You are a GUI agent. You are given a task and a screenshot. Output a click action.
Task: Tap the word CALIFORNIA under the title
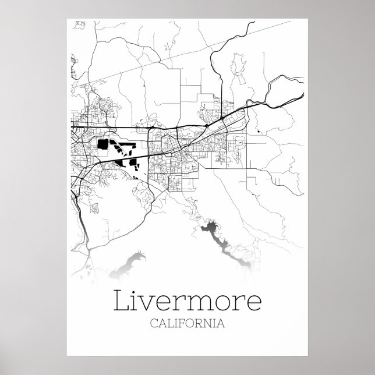coord(187,323)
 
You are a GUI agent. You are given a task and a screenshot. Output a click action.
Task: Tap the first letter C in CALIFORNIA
coord(154,323)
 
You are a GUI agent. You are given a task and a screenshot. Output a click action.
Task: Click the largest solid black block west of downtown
coord(103,144)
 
